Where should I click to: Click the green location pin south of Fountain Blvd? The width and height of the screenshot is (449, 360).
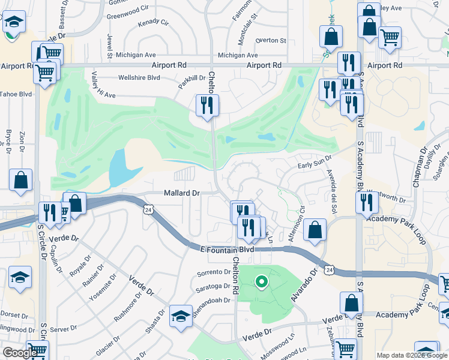pos(261,281)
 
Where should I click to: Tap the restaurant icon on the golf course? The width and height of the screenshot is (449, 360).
pos(207,106)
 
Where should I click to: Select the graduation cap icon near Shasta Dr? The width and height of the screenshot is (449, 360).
pos(181,316)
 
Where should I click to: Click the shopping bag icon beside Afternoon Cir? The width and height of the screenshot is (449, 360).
pos(315,230)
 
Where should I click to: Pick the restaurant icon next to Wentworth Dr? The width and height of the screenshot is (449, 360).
pos(366,202)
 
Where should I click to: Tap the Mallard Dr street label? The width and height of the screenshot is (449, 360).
pos(181,193)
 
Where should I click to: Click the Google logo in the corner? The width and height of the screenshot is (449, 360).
pos(20,353)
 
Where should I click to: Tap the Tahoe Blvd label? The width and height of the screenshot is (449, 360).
pos(16,94)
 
